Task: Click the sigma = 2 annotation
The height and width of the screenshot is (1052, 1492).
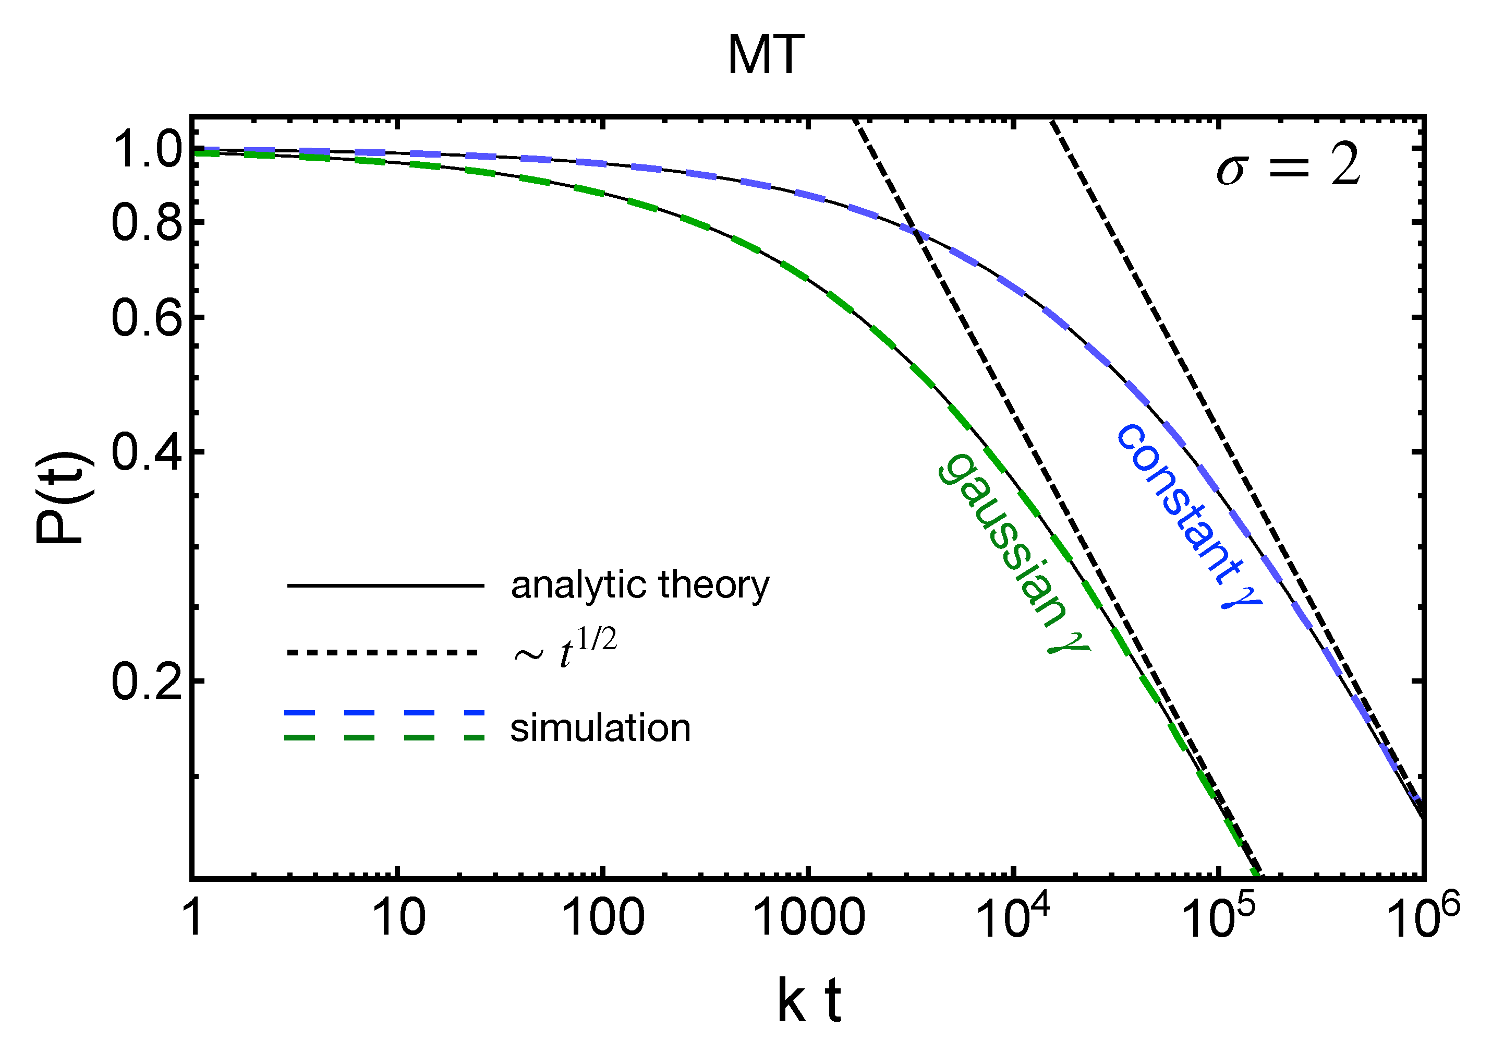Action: click(x=1288, y=166)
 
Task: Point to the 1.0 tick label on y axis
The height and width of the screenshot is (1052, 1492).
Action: click(x=147, y=151)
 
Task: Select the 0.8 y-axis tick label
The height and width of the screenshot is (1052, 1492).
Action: click(x=147, y=223)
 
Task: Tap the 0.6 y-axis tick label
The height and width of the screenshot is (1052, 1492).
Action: click(x=147, y=319)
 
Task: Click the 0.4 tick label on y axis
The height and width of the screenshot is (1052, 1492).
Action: click(x=147, y=452)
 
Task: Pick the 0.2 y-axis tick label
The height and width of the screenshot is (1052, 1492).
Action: click(x=147, y=683)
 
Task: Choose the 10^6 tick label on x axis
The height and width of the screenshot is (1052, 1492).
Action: click(x=1423, y=917)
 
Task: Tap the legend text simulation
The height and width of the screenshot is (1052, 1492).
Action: click(x=600, y=728)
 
